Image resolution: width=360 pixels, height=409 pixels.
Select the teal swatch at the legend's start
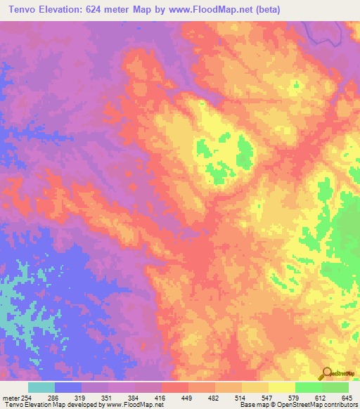pyautogui.click(x=41, y=387)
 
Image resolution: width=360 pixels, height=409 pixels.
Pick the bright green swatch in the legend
pyautogui.click(x=308, y=387)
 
